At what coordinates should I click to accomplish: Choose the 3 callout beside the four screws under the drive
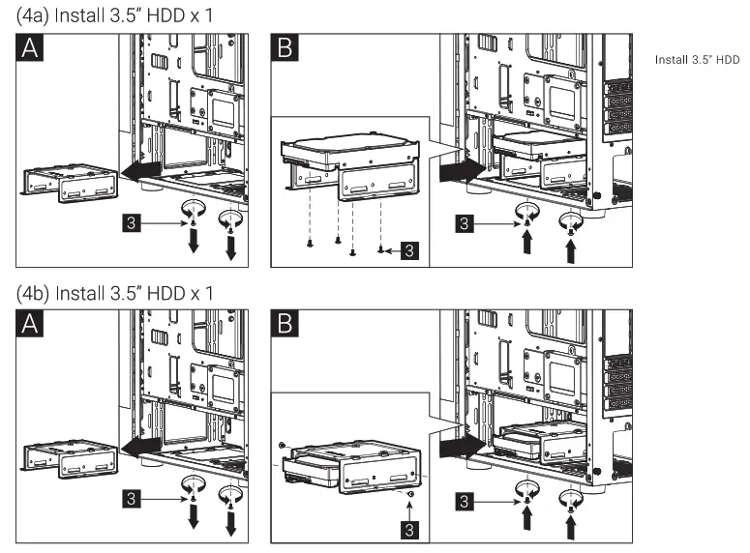[x=410, y=250]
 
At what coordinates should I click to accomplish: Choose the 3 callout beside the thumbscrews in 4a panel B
[x=465, y=222]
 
